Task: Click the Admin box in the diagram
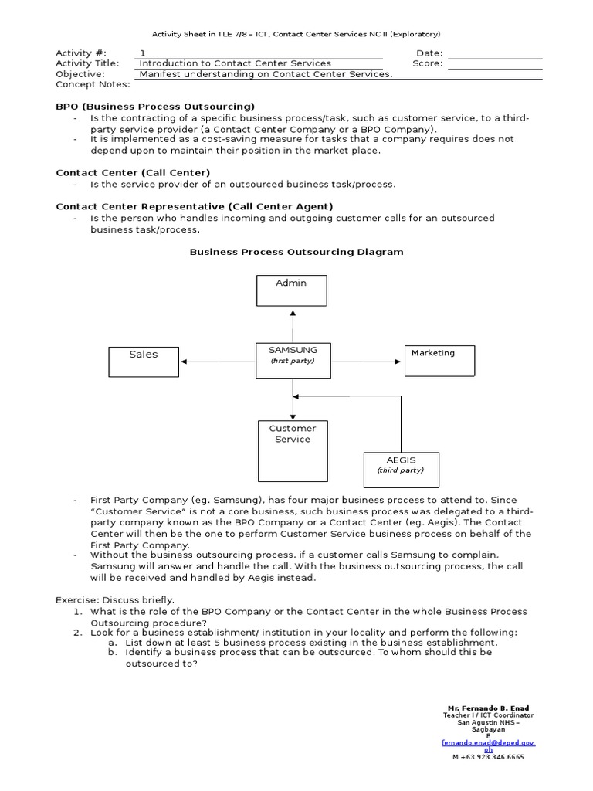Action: click(x=292, y=290)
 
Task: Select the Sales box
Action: click(x=144, y=361)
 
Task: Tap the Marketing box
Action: click(x=439, y=360)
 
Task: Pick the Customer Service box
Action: click(x=292, y=451)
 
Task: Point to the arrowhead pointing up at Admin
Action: click(x=292, y=313)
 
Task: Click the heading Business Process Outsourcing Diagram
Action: click(x=296, y=252)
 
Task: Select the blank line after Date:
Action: click(x=495, y=53)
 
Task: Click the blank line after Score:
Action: click(x=495, y=64)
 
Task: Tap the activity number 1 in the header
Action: click(x=142, y=53)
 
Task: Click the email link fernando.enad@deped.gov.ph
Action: click(x=488, y=743)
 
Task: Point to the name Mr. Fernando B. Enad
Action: click(x=488, y=708)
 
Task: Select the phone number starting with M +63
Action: click(x=488, y=757)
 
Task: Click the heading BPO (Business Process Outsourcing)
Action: click(x=155, y=106)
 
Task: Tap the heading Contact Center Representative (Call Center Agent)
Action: click(x=195, y=206)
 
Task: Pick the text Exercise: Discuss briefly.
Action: click(x=115, y=599)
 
